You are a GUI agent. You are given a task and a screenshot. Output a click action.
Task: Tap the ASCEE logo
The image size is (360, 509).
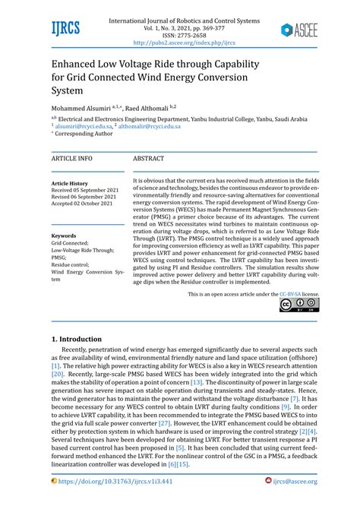point(300,30)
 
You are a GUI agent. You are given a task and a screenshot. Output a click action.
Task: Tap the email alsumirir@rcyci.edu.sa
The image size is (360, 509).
point(86,126)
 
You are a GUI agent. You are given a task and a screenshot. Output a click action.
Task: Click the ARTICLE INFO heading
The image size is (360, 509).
point(72,158)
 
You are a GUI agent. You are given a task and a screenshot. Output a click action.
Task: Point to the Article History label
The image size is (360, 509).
point(70,184)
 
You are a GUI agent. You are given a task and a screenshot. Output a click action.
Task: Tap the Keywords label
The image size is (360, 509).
point(64,236)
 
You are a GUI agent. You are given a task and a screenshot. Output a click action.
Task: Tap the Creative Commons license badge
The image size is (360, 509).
point(299,305)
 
